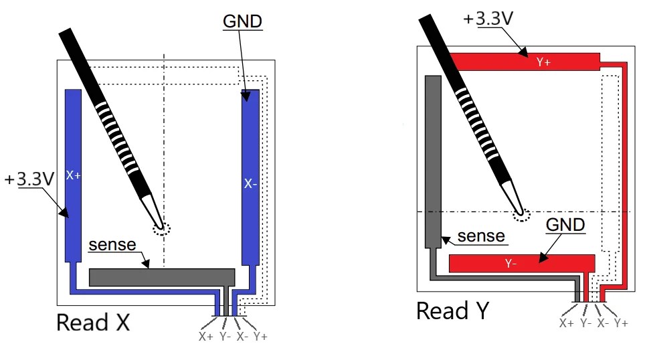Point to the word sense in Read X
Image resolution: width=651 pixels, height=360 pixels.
click(112, 246)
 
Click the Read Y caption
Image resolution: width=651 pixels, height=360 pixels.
click(453, 310)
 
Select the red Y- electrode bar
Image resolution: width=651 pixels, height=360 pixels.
click(522, 263)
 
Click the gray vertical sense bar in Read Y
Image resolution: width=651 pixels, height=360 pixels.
click(433, 161)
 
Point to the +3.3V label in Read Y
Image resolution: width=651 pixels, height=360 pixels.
click(488, 18)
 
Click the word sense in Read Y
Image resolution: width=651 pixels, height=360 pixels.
click(481, 236)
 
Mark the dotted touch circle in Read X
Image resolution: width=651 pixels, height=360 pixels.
click(161, 228)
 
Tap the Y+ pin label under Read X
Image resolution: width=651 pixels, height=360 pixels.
click(260, 336)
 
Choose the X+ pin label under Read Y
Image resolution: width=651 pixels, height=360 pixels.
click(567, 323)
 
